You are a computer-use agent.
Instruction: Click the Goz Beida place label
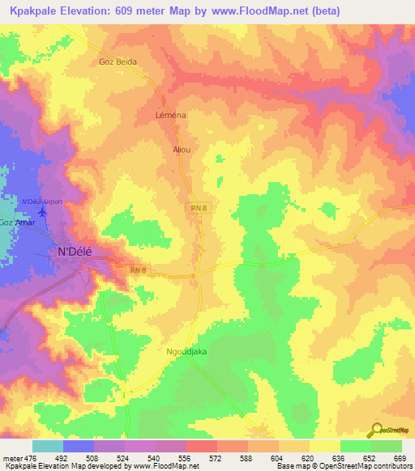click(x=118, y=62)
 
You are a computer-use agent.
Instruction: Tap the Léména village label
click(x=170, y=116)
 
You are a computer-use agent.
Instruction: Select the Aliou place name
click(x=182, y=150)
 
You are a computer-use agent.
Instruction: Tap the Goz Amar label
click(x=18, y=223)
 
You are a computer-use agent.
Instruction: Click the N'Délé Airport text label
click(x=41, y=201)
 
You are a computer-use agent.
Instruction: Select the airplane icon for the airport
click(x=42, y=212)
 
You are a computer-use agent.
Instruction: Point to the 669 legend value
click(x=400, y=458)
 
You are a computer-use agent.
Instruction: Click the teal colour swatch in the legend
click(x=48, y=446)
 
